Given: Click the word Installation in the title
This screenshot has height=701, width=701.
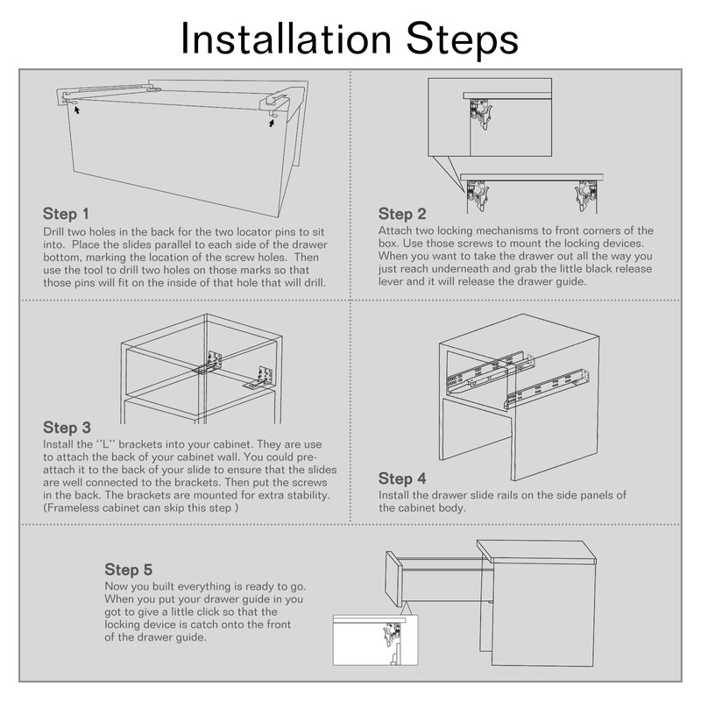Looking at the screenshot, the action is [x=287, y=39].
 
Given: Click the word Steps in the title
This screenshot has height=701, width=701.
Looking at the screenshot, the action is [x=463, y=41].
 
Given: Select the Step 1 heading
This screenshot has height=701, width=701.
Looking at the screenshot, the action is [x=67, y=214].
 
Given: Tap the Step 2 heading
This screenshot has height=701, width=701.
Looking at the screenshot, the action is [x=402, y=214].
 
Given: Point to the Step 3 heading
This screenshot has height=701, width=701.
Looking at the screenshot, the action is [x=67, y=428].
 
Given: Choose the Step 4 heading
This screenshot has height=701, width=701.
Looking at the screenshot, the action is [x=402, y=478].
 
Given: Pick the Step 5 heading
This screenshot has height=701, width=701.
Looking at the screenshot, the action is [x=129, y=570].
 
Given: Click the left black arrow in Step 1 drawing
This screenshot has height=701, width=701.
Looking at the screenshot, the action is [x=77, y=110].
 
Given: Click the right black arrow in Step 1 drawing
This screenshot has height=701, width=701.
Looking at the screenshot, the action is [x=272, y=123].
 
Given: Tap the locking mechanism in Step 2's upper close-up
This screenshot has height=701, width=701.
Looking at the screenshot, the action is [x=480, y=113].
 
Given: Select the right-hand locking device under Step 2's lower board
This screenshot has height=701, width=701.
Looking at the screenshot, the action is [x=586, y=195].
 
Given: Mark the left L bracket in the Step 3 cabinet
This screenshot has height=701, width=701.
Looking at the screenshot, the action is [x=209, y=363].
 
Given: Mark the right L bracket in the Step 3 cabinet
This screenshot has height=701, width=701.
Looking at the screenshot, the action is [x=260, y=377].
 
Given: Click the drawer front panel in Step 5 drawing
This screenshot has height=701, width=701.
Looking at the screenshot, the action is [x=393, y=579].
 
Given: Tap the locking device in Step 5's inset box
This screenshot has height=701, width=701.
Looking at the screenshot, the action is [x=392, y=634].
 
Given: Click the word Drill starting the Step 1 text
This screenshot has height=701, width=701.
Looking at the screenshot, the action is [x=53, y=231].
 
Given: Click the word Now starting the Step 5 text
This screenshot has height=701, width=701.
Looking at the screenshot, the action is [x=114, y=586].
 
